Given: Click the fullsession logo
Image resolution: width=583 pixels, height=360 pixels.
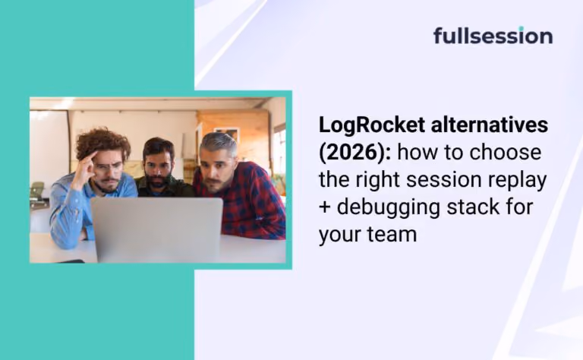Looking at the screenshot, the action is (x=493, y=36).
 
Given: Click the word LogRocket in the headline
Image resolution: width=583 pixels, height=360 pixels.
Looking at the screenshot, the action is (x=372, y=125).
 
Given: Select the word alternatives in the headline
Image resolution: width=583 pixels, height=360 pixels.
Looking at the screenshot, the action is (x=490, y=125).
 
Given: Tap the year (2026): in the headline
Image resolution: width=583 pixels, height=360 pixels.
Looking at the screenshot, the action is (x=355, y=153).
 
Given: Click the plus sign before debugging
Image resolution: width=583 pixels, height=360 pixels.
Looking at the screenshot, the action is (x=325, y=207).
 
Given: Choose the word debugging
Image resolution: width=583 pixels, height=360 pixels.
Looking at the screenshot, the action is (x=388, y=208).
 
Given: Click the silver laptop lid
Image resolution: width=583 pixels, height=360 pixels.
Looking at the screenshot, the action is (x=157, y=229).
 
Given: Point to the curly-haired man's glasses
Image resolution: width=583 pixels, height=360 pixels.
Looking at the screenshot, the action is (x=108, y=166).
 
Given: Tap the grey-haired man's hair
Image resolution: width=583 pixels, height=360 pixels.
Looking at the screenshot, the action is (x=219, y=144).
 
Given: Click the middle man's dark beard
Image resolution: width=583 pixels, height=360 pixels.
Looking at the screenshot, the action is (x=158, y=181).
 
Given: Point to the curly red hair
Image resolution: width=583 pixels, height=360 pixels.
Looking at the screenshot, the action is (x=102, y=144).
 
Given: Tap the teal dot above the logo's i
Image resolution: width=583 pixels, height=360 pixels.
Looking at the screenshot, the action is (x=521, y=28).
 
